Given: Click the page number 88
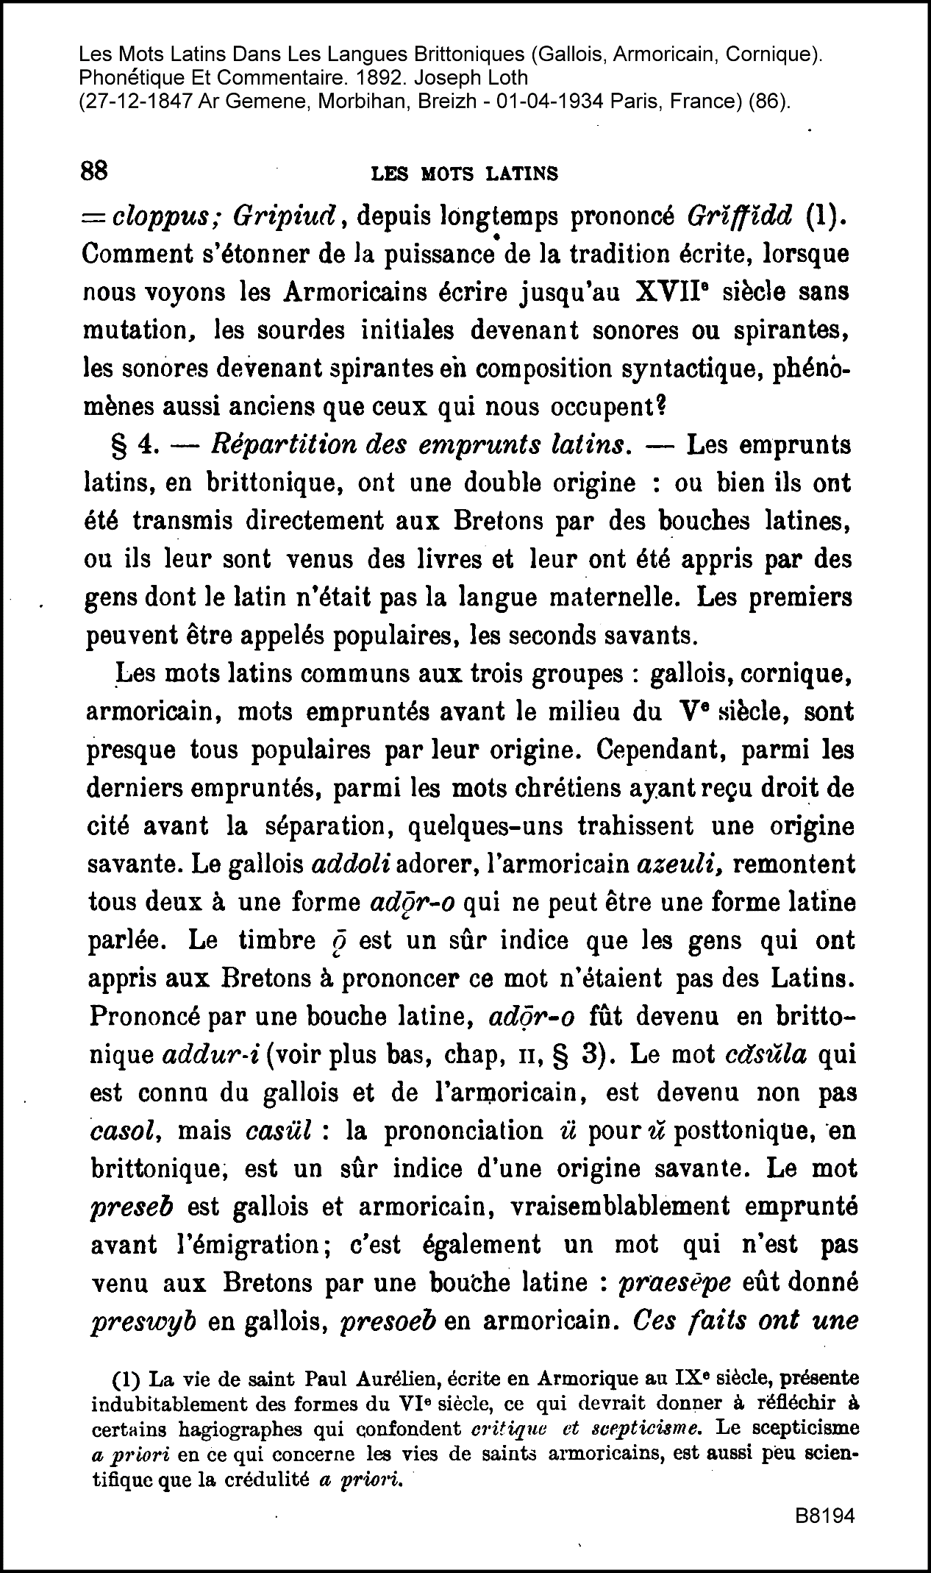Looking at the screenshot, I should click(95, 171).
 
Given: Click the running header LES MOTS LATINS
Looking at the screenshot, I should click(465, 174).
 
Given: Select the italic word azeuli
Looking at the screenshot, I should click(677, 864).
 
